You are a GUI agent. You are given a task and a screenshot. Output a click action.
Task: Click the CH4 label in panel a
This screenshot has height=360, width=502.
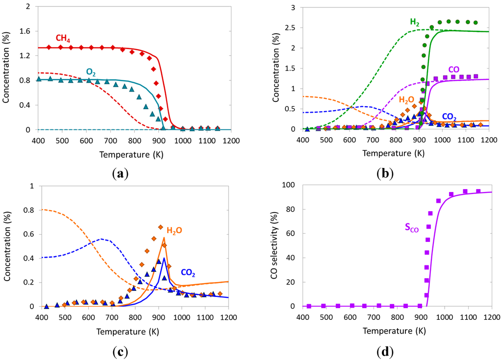tap(62, 39)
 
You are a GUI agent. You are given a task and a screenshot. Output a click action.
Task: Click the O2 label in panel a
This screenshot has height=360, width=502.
tap(91, 72)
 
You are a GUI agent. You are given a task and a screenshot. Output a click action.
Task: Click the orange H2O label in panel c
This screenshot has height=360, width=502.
tap(175, 230)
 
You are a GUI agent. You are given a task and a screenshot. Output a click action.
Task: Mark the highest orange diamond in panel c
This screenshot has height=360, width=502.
tap(160, 227)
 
